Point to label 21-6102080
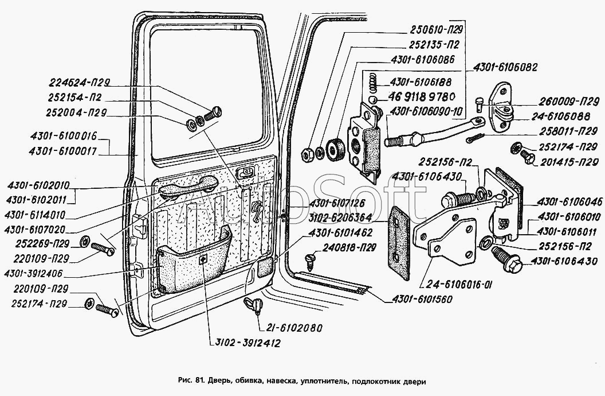(x=294, y=328)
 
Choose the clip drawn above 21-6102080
(x=253, y=304)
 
